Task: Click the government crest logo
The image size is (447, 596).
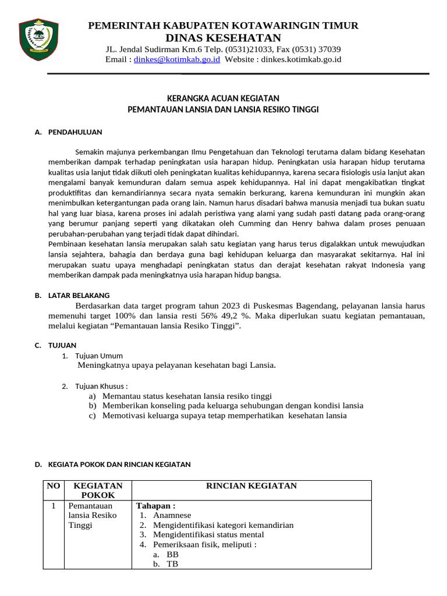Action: [38, 39]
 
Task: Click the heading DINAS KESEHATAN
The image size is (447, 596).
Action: [223, 38]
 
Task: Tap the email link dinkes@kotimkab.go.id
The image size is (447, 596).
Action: [177, 59]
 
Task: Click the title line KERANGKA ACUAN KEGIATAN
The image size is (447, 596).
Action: [223, 98]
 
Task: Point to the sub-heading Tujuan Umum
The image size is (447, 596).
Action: [99, 356]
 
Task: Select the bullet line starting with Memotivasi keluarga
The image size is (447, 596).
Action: [224, 416]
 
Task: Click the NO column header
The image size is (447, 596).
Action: [52, 485]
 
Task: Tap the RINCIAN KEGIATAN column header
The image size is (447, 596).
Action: [251, 485]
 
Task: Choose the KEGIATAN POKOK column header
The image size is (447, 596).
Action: [98, 490]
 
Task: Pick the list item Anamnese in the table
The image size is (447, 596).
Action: [172, 515]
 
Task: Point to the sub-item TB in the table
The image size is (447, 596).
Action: [172, 564]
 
